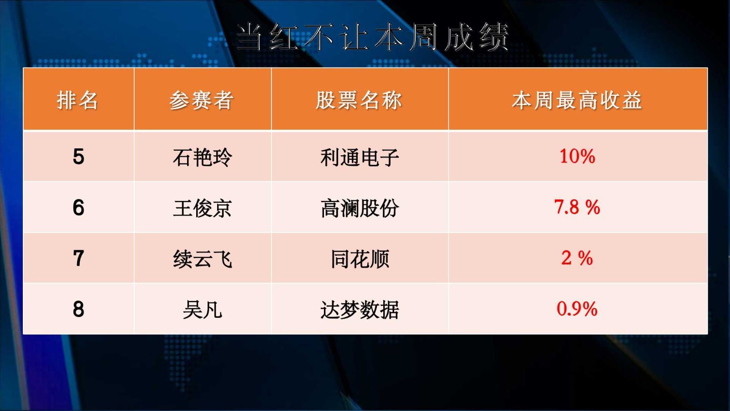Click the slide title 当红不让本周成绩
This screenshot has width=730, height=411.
point(372,37)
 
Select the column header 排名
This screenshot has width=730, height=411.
point(78,100)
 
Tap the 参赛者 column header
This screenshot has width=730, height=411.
point(201,100)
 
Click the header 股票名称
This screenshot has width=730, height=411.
point(359,100)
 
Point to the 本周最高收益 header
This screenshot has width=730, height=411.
point(577,100)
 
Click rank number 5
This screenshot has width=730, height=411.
point(78,157)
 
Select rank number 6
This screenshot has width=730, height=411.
point(78,207)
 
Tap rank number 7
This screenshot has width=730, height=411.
point(78,258)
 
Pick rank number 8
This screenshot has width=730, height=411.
point(78,309)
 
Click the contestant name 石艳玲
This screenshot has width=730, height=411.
point(203,157)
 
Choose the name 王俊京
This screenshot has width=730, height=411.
point(203,208)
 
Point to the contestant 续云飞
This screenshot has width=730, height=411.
point(203,259)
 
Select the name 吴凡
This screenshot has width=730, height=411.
point(203,310)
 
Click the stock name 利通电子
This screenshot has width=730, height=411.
point(360,157)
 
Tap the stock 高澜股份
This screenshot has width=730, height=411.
point(360,208)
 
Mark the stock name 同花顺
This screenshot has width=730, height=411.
point(360,259)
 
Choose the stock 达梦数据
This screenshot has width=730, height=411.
point(360,310)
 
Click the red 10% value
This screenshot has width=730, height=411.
point(577,156)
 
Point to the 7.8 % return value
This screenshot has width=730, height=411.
point(577,207)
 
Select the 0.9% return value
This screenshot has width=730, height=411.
point(577,309)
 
